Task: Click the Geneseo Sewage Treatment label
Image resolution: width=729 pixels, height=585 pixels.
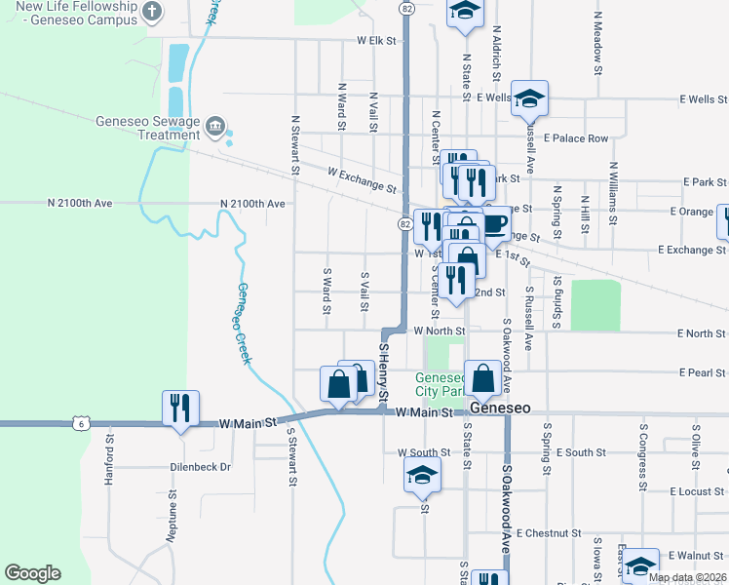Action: tap(147, 128)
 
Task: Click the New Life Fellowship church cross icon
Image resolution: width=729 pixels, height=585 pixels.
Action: tap(151, 11)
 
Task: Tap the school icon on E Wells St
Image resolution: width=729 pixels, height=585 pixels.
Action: tap(530, 97)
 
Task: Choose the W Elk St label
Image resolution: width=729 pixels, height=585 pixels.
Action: tap(378, 41)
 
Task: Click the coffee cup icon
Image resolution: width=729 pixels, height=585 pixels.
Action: tap(495, 225)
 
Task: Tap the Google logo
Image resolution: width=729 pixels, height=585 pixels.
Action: tap(32, 573)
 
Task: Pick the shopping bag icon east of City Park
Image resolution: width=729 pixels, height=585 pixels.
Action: tap(483, 377)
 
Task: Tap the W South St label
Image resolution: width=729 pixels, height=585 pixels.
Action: tap(424, 452)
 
